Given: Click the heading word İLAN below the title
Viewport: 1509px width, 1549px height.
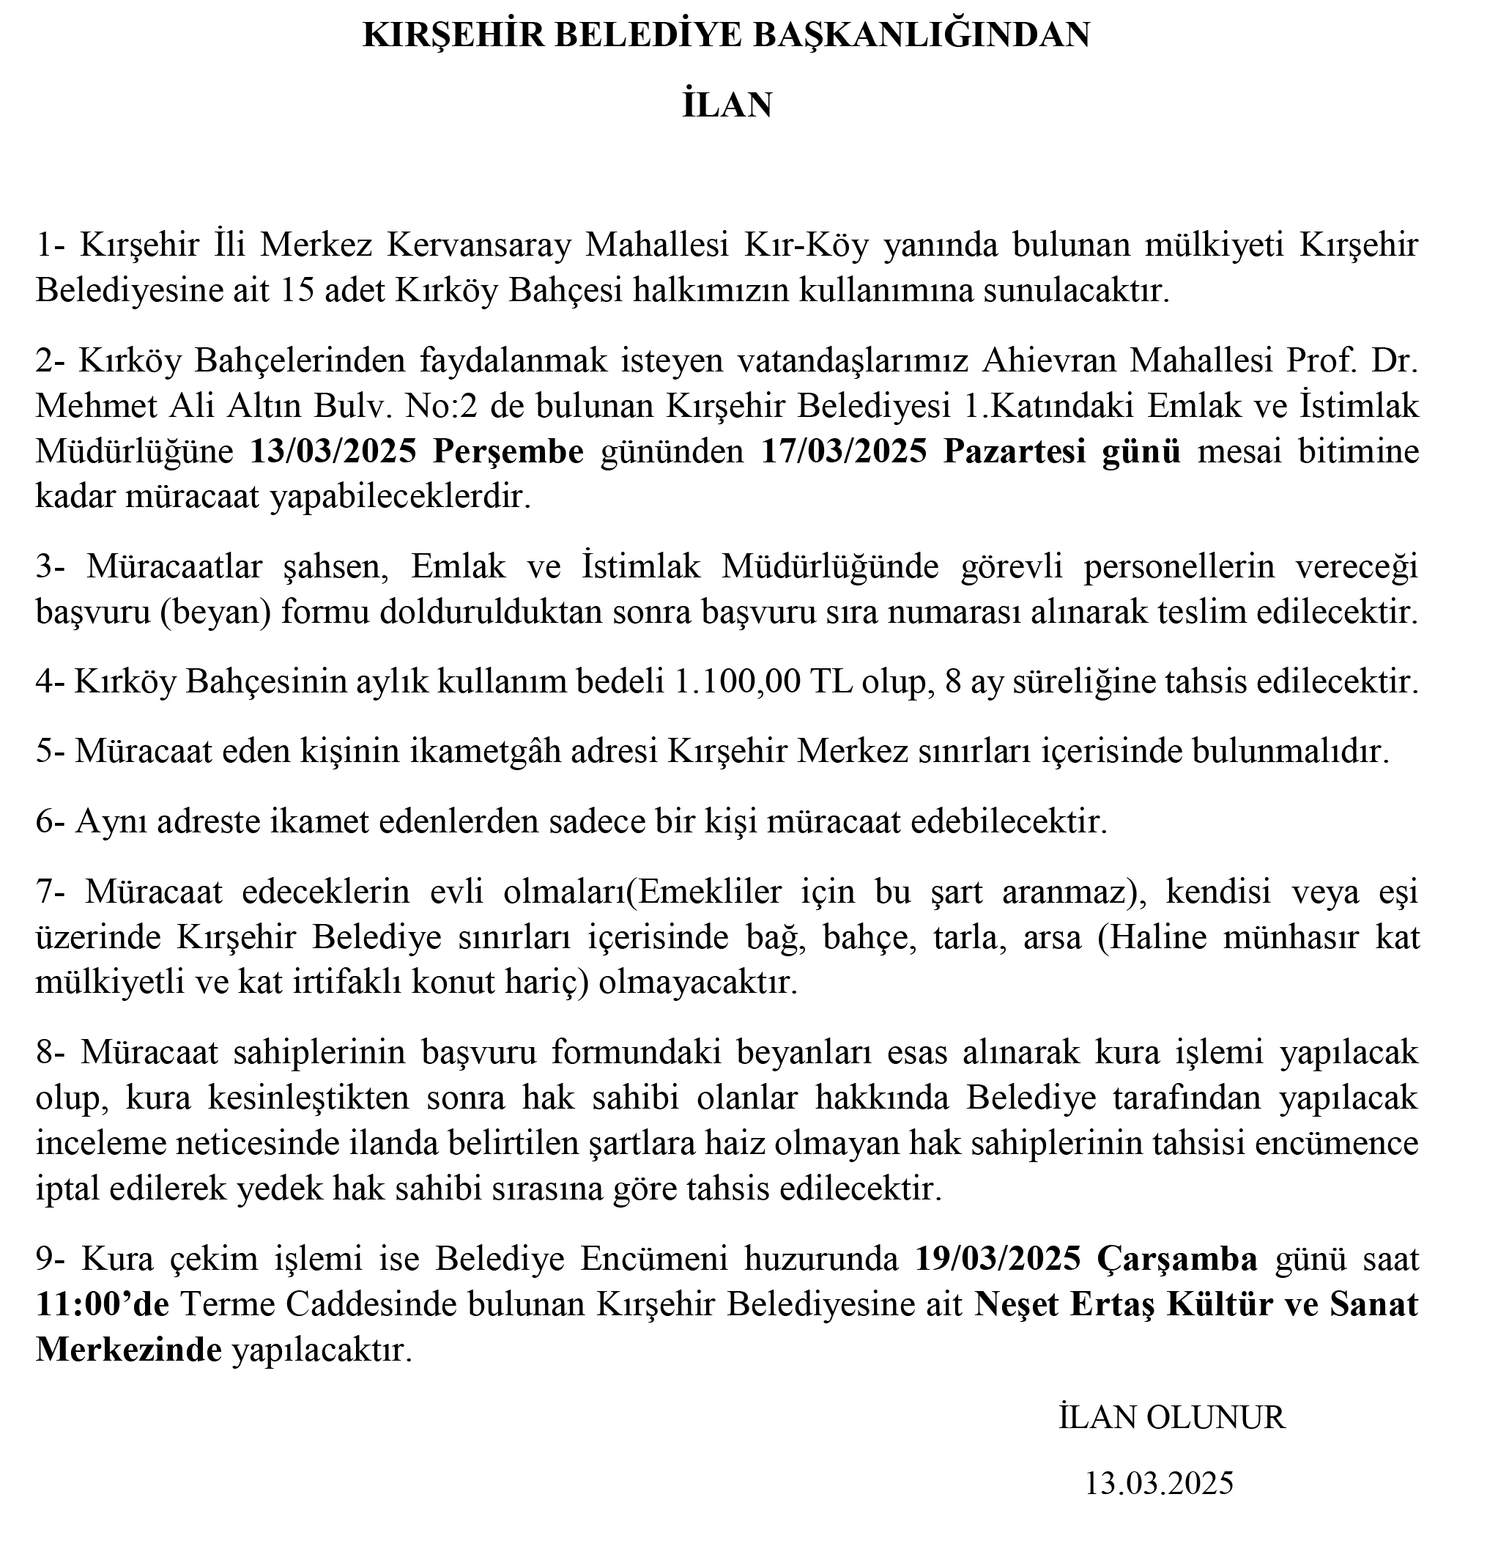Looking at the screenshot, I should (727, 106).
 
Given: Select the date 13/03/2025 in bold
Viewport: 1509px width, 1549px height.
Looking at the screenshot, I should (333, 451).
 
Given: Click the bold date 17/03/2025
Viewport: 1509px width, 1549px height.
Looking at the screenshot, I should (843, 451).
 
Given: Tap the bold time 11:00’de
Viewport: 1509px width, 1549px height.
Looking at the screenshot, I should (103, 1304).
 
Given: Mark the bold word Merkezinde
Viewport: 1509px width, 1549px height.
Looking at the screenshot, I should (128, 1349).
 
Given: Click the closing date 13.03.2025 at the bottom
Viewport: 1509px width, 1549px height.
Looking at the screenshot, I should (1159, 1482).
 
